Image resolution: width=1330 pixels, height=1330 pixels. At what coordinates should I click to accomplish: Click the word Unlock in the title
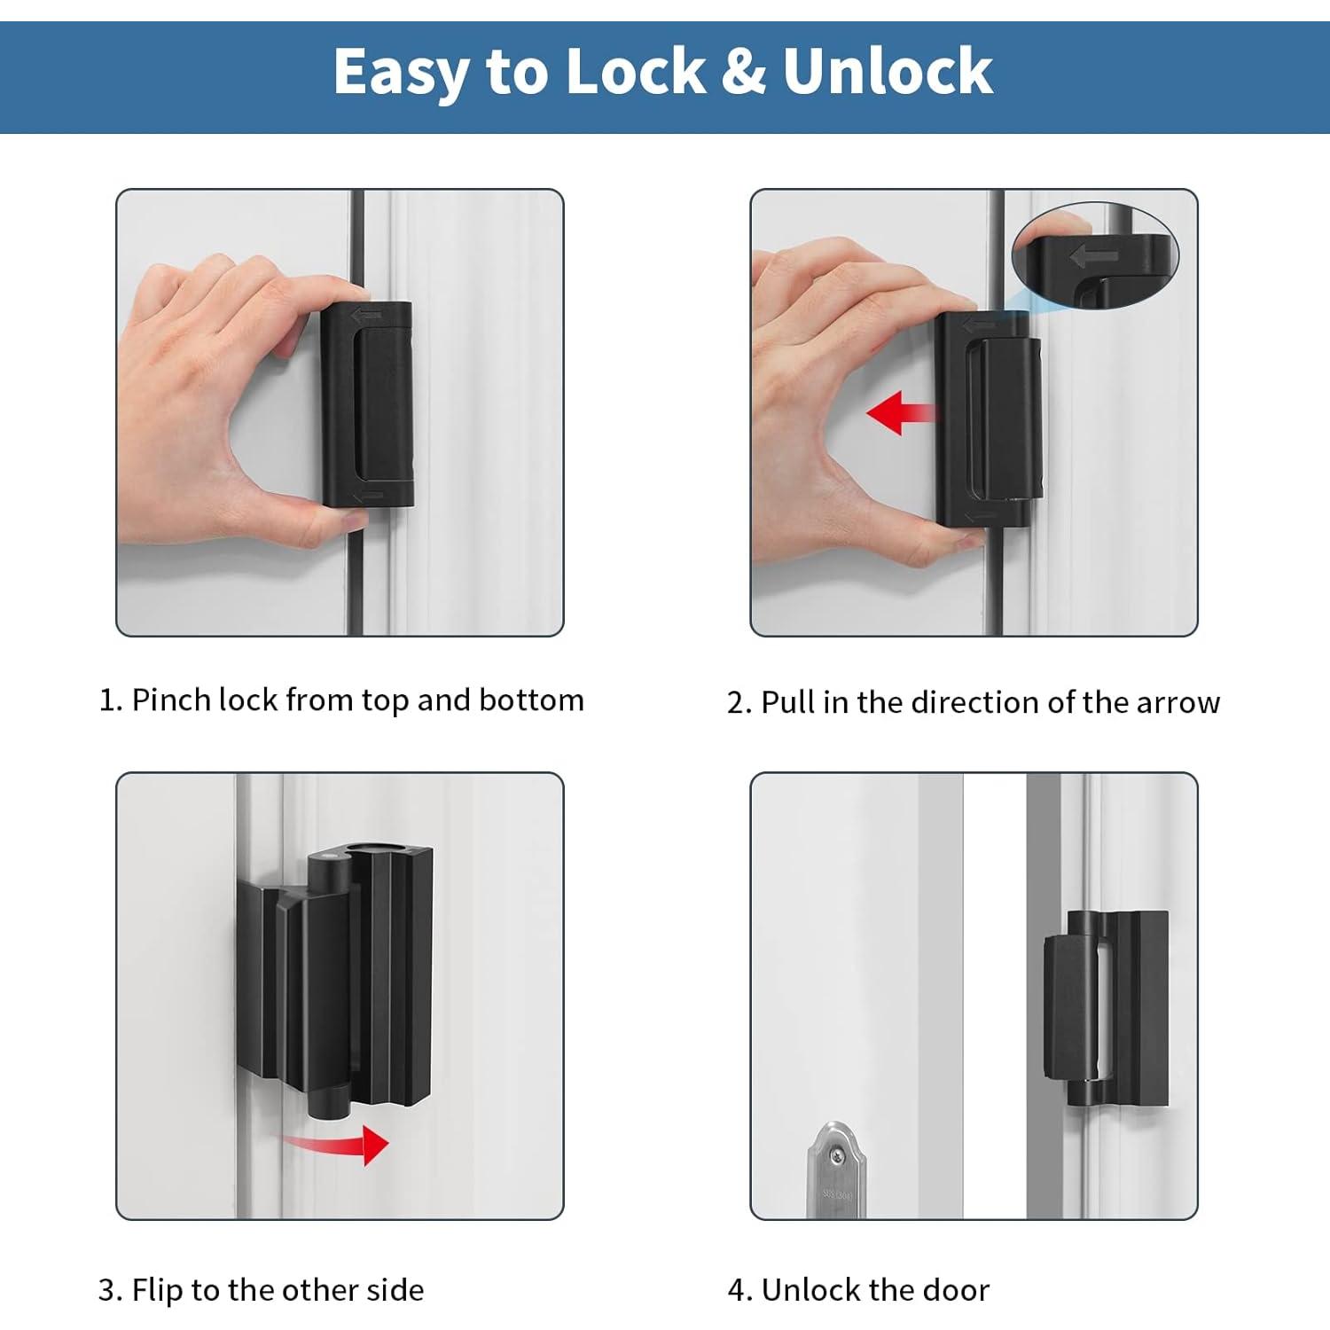click(x=887, y=71)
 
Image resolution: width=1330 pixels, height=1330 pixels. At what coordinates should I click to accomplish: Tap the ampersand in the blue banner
click(x=743, y=71)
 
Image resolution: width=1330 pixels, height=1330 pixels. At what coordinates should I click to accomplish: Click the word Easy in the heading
click(x=401, y=73)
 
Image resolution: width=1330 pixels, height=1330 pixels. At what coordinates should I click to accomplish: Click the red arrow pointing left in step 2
click(x=900, y=413)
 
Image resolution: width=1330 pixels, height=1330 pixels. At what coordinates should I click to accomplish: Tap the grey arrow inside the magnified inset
click(x=1094, y=257)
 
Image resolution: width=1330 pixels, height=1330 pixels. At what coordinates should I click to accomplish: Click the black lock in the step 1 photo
click(x=367, y=403)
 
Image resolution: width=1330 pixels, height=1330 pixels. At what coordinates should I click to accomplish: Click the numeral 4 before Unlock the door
click(x=737, y=1290)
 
